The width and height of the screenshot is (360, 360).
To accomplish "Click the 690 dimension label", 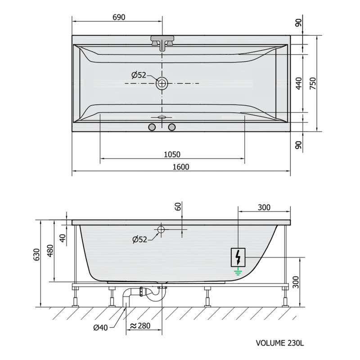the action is [119, 17].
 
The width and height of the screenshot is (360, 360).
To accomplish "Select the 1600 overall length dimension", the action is [181, 167].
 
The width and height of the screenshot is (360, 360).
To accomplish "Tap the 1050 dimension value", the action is [172, 154].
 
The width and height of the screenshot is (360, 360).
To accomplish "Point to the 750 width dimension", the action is [313, 83].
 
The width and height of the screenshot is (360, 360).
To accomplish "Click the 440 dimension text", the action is [298, 83].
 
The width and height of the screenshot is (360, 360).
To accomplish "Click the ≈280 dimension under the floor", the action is [140, 326].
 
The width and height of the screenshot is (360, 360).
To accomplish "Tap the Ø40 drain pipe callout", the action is [100, 328].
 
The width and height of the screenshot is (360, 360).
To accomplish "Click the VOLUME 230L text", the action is [279, 343].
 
